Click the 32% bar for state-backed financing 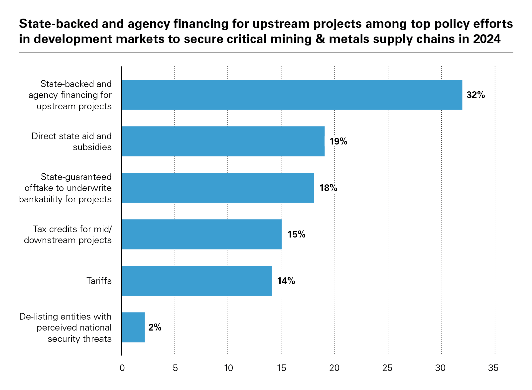(292, 95)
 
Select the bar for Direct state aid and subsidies (223, 141)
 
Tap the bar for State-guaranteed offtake (218, 188)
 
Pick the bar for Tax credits (201, 234)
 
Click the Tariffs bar (197, 281)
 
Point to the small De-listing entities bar (133, 327)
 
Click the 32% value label (475, 95)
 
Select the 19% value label (338, 142)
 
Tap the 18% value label (328, 188)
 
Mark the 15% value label (296, 235)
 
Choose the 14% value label (286, 281)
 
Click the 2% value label (155, 328)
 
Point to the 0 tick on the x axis (122, 368)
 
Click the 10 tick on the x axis (228, 368)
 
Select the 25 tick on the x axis (387, 368)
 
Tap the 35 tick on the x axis (493, 368)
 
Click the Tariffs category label (99, 281)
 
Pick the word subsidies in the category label (92, 147)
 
